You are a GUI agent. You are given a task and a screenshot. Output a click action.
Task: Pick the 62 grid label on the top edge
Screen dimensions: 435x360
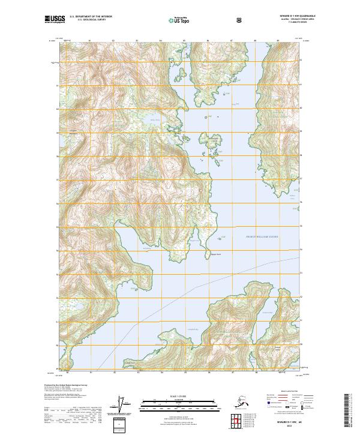pos(113,41)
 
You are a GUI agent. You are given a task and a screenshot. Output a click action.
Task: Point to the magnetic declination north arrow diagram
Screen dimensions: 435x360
pos(124,405)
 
